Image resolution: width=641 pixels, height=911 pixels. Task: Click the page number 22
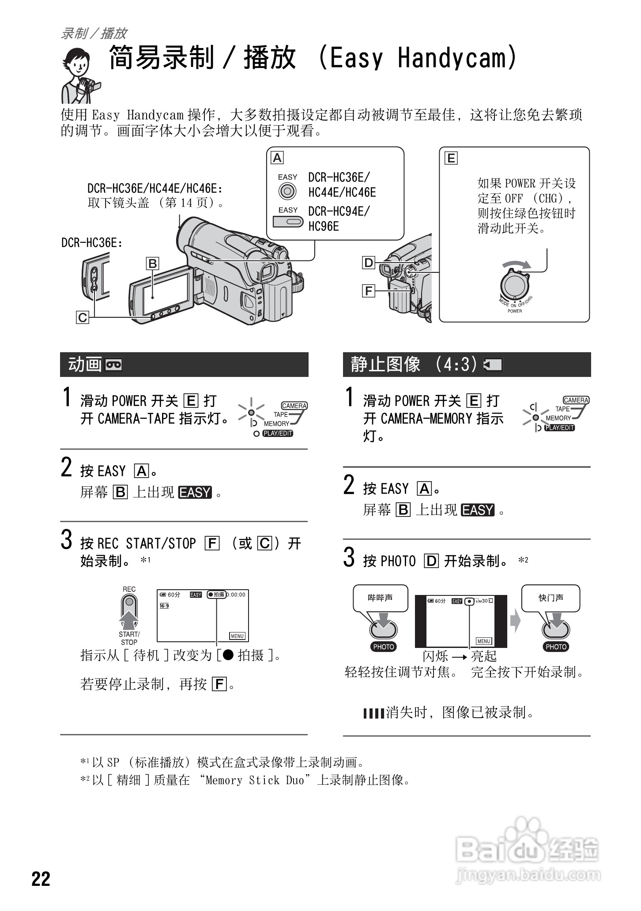coord(41,879)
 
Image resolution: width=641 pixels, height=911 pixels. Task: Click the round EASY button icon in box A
coord(287,191)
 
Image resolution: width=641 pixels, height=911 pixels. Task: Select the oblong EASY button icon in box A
coord(288,221)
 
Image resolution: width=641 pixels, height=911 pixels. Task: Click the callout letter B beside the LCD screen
coord(152,264)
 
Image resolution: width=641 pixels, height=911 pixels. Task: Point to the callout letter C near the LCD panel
coord(83,317)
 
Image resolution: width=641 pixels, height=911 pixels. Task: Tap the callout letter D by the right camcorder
coord(369,263)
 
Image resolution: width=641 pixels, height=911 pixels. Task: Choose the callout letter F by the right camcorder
coord(369,291)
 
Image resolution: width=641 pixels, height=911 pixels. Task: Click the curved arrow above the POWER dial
coord(517,264)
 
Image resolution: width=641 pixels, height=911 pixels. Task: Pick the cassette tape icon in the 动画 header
coord(114,365)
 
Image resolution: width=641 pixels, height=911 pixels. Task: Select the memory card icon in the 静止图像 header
coord(493,365)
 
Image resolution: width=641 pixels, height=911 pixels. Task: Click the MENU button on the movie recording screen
coord(237,636)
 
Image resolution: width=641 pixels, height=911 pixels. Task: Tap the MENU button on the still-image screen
coord(484,641)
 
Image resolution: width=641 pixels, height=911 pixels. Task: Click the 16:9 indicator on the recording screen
coord(164,606)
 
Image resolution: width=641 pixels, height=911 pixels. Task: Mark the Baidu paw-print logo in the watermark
coord(527,831)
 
